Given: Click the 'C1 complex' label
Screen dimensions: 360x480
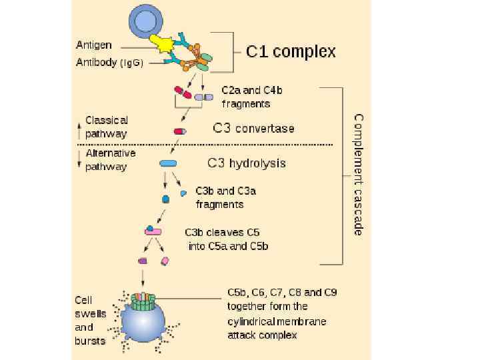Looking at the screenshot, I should coord(291,52).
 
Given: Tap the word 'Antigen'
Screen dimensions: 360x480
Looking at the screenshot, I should coord(93,45).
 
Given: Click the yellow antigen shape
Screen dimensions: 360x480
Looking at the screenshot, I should coord(162,43).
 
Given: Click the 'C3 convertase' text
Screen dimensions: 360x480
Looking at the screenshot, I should coord(253,128).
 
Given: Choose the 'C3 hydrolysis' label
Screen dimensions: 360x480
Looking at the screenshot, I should coord(247,163).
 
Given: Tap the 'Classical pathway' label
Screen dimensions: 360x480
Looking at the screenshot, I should coord(106,127).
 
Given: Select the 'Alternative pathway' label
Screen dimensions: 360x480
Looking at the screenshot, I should coord(110,160).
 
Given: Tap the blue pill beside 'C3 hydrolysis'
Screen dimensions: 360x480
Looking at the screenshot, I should coord(168,163).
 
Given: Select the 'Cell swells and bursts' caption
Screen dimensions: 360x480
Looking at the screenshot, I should coord(89,321).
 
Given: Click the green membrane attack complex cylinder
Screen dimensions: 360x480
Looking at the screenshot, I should coord(143,302).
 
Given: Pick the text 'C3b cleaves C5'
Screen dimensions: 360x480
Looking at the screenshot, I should coord(222,233).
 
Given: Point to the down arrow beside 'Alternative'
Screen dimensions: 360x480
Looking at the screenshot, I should coord(80,159).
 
